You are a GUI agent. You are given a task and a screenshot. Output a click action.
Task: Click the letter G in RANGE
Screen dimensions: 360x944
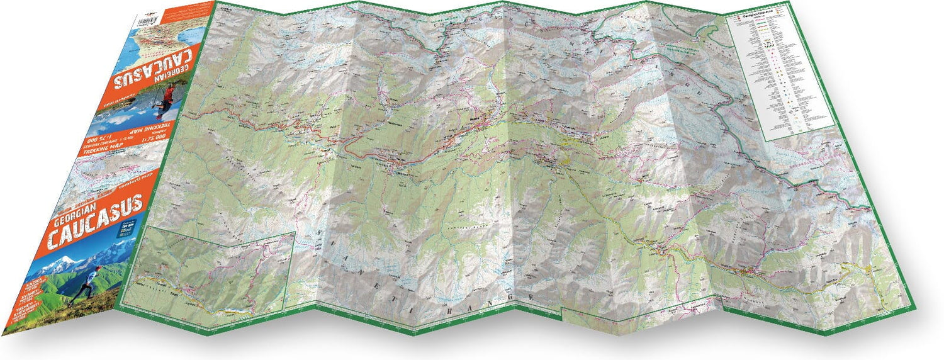tap(511, 296)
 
